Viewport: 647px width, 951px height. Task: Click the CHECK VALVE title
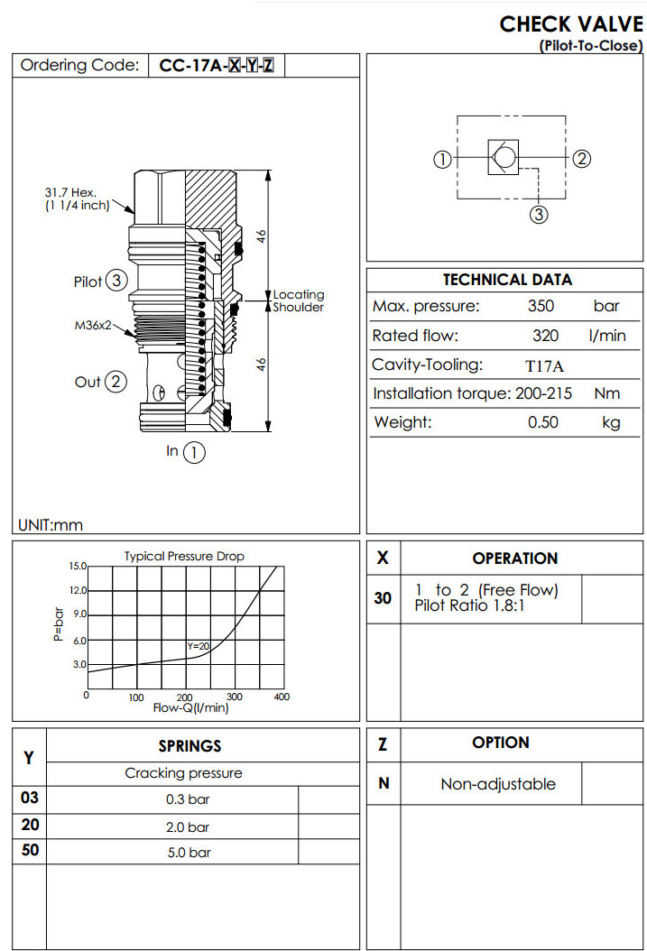point(571,23)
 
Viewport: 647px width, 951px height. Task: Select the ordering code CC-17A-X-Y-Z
point(216,65)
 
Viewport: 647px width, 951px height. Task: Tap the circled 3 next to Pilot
point(116,282)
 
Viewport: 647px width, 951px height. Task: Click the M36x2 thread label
point(93,326)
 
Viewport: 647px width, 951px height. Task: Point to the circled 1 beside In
point(194,452)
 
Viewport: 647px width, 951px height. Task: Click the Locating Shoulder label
point(299,300)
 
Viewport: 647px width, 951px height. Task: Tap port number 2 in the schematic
point(582,159)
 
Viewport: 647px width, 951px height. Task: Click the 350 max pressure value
point(541,307)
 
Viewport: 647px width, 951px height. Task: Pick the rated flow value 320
point(546,336)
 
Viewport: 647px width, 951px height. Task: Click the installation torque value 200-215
point(546,393)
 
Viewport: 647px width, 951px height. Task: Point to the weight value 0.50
point(543,422)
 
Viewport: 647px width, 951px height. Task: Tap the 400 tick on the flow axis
point(281,697)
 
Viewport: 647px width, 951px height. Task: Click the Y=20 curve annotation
point(198,646)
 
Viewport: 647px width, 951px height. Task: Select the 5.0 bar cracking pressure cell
point(188,852)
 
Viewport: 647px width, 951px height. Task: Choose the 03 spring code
point(30,799)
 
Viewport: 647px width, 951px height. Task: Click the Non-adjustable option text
point(498,784)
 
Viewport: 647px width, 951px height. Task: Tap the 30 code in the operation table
point(383,597)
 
